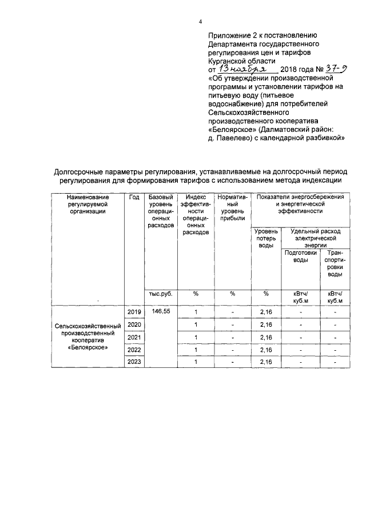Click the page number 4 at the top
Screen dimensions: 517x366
200,22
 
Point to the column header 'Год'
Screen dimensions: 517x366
134,197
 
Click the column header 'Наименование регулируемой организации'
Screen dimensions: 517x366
87,204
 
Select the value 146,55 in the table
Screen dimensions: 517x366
161,311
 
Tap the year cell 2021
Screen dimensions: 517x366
134,337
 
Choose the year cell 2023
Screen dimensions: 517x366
134,362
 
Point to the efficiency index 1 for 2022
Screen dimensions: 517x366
196,350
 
